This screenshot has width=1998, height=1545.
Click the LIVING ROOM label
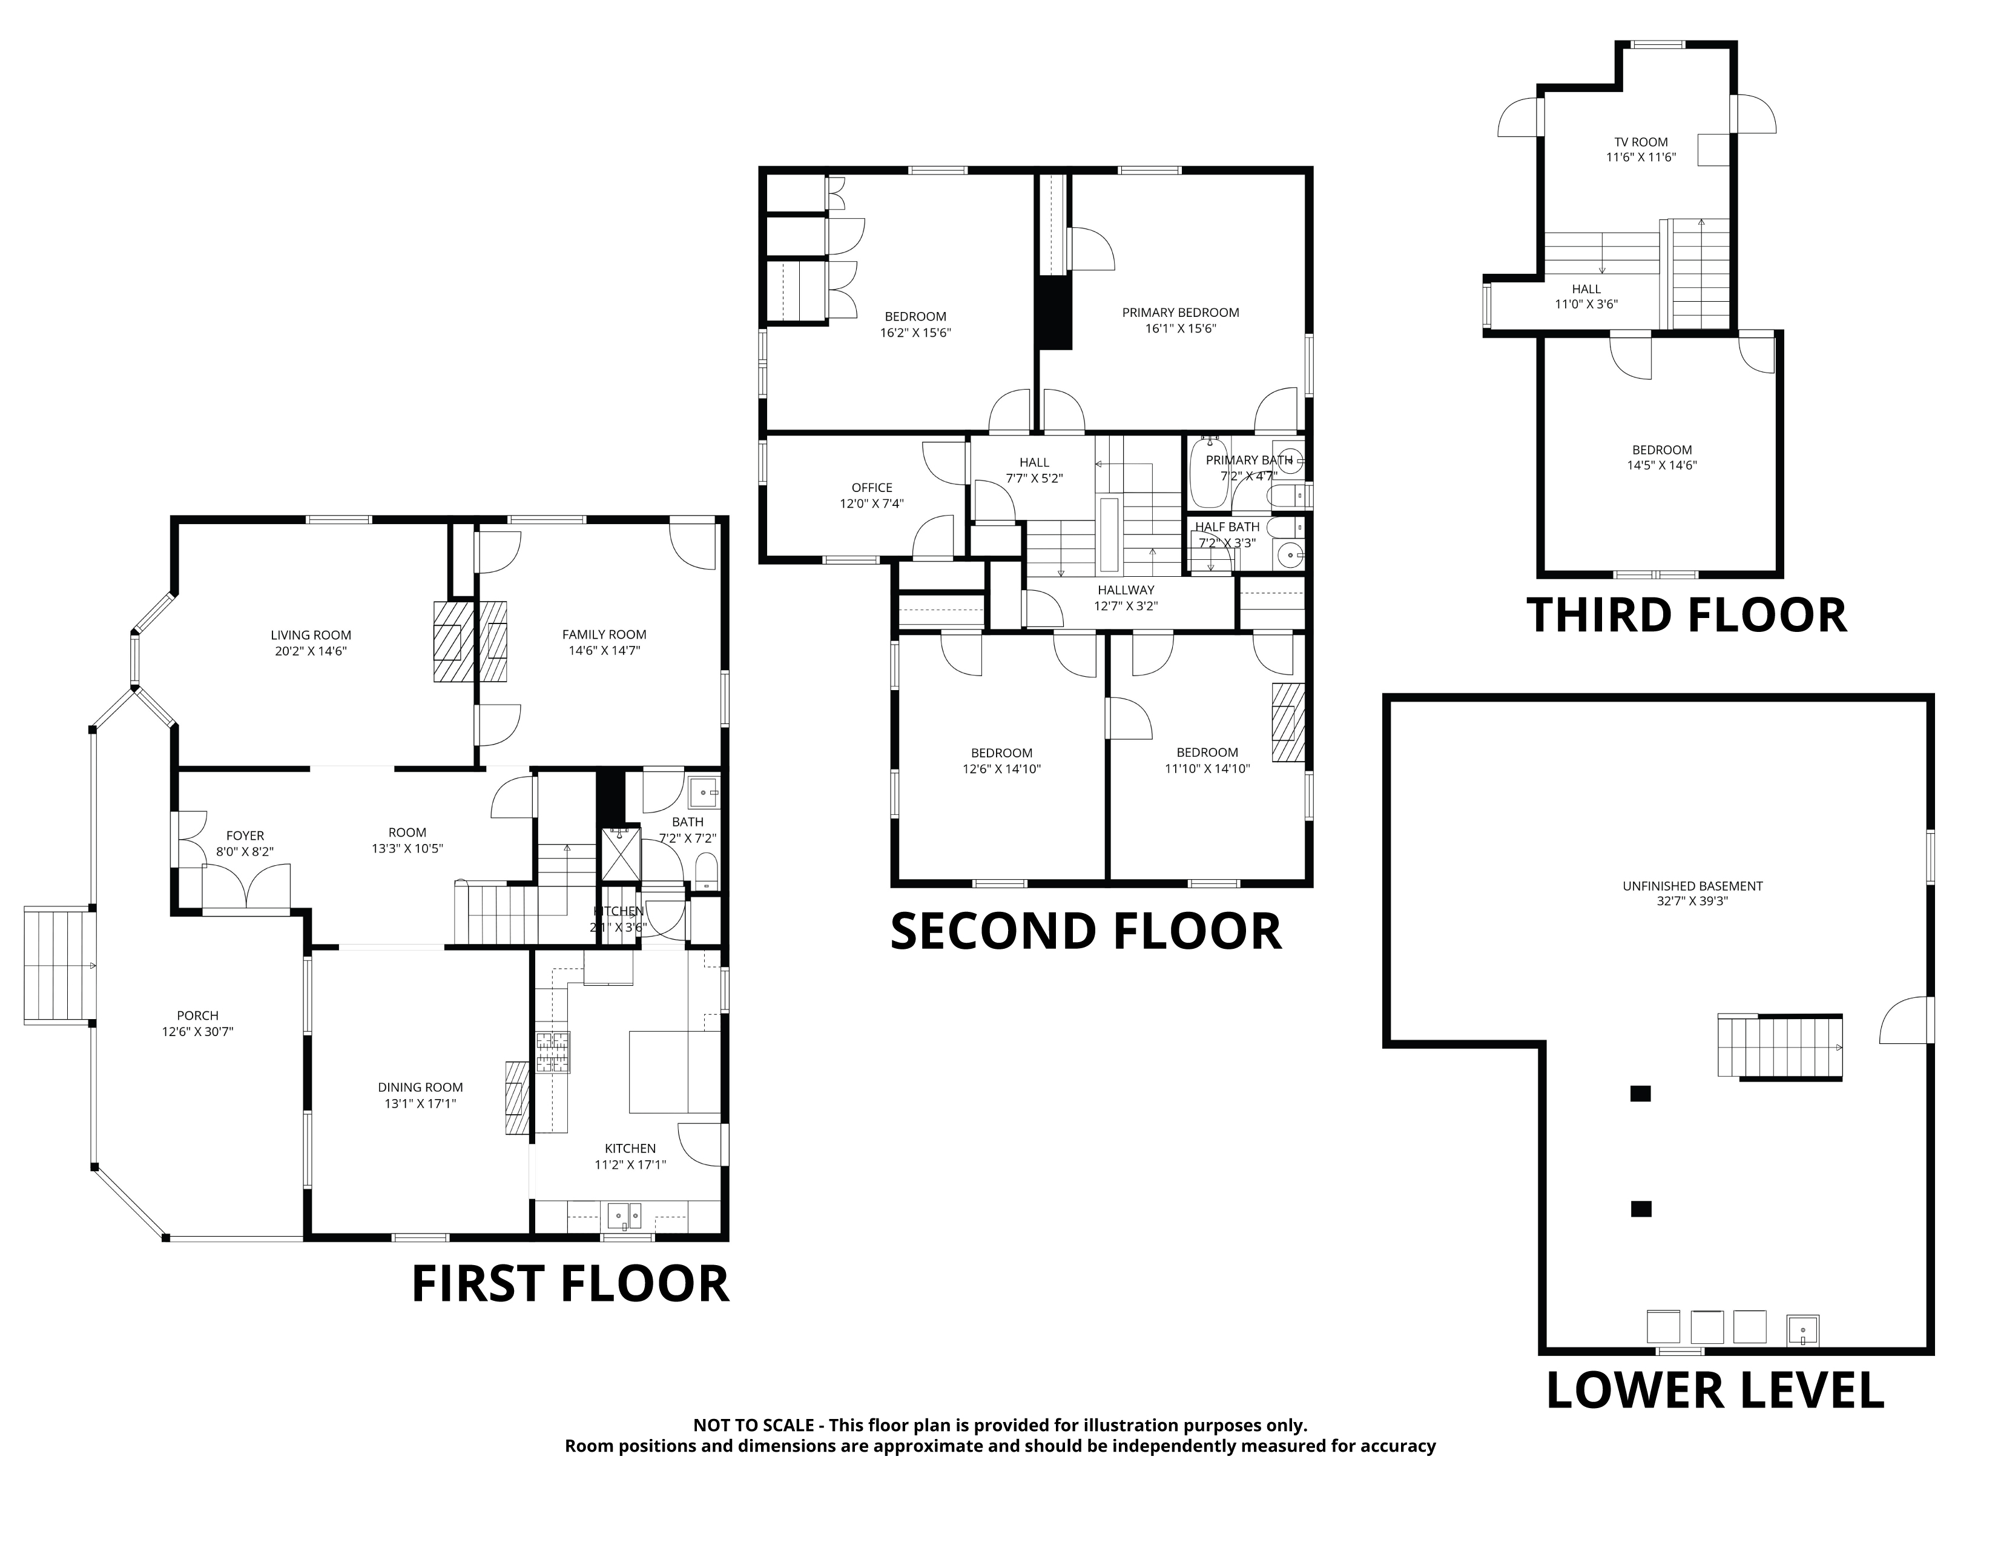(311, 635)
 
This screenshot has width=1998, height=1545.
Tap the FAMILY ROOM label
(604, 634)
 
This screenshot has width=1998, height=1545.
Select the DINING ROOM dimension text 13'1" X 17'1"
(420, 1104)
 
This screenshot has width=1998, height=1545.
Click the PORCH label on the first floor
(197, 1015)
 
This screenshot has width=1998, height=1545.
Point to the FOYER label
(245, 836)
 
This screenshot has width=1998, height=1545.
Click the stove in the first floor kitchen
(553, 1052)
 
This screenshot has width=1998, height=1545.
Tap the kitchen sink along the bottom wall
(626, 1217)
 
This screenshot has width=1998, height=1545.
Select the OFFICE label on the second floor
(872, 488)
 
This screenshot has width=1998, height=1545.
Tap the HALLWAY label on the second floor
(1126, 590)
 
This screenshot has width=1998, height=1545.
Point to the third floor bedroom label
(1662, 450)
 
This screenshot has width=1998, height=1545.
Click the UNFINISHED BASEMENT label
(1692, 886)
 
